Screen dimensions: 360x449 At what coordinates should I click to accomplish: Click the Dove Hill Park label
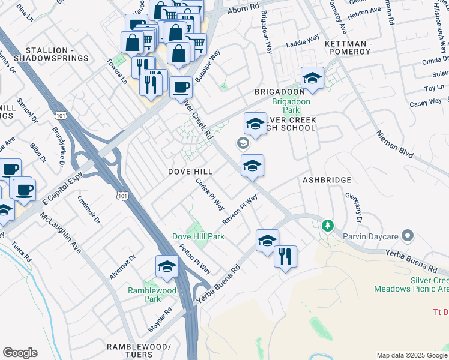click(x=198, y=236)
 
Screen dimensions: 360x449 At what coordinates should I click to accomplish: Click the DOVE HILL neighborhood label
click(x=190, y=172)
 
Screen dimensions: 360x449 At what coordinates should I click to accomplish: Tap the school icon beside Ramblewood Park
click(x=167, y=266)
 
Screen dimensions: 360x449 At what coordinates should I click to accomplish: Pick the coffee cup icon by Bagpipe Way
click(x=181, y=88)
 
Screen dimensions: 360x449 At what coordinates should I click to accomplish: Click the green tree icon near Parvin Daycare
click(x=327, y=226)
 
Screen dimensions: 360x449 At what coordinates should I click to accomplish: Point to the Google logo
click(x=20, y=353)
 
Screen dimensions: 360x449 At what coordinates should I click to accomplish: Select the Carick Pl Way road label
click(x=210, y=194)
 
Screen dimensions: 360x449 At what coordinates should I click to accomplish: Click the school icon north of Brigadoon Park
click(x=312, y=78)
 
